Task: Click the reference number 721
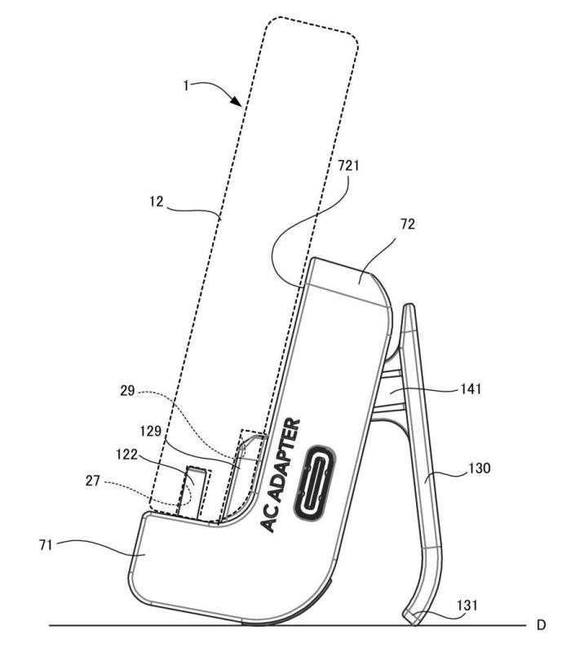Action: coord(348,166)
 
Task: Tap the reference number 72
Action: coord(408,224)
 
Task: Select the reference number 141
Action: coord(471,389)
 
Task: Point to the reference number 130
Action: coord(480,468)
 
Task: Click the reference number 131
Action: coord(467,605)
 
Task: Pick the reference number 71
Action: coord(46,545)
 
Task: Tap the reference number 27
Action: coord(92,481)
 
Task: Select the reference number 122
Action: coord(126,455)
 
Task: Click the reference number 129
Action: coord(150,431)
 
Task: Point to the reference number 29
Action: coord(127,391)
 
